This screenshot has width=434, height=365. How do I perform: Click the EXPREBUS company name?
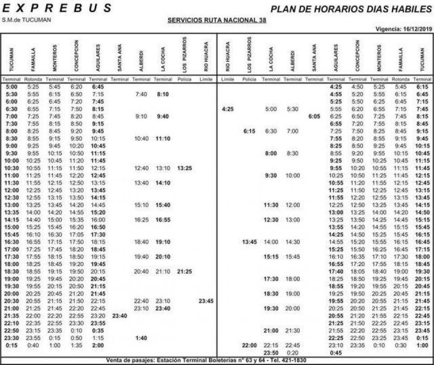[57, 8]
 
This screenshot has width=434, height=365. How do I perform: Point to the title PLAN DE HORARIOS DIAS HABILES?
[351, 8]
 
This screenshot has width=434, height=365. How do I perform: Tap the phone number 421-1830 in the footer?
[293, 360]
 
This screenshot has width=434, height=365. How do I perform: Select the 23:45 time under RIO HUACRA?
[206, 301]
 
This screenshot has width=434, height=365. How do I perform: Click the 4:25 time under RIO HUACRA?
[227, 109]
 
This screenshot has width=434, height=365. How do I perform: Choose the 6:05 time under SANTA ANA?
[314, 116]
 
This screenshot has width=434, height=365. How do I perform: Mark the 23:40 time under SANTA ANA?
[119, 315]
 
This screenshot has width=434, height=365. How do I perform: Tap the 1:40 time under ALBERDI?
[141, 338]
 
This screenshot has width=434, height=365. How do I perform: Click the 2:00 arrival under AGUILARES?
[98, 345]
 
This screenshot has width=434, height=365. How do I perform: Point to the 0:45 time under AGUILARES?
[335, 352]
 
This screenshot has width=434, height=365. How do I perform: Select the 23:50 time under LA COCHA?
[271, 352]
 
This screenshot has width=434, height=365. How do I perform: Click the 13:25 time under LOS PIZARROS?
[184, 168]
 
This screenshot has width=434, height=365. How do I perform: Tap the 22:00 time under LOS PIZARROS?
[249, 345]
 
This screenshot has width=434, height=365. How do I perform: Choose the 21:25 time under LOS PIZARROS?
[184, 271]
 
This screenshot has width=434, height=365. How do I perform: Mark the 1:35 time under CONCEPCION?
[77, 345]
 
